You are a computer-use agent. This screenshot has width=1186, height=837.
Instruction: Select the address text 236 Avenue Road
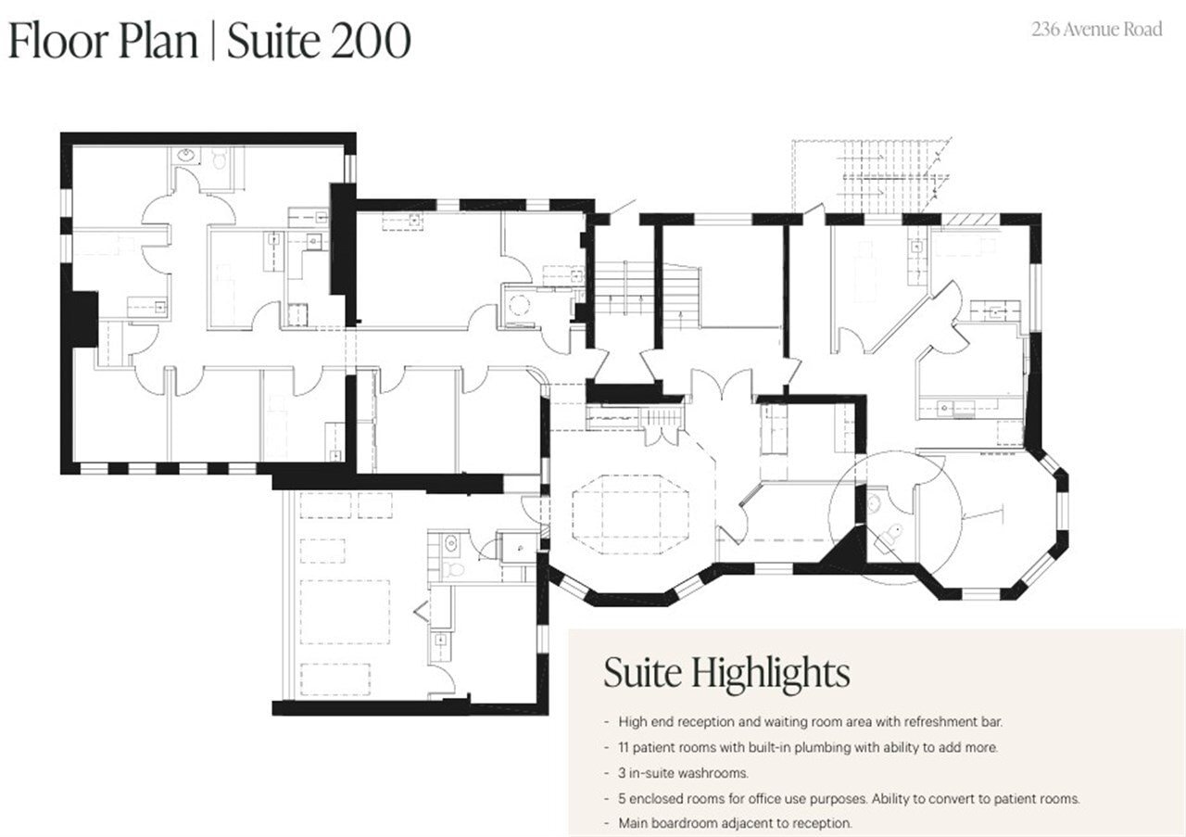1097,30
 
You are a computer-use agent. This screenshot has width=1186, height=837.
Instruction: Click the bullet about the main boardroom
732,822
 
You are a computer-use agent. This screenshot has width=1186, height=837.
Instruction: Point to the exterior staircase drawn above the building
871,176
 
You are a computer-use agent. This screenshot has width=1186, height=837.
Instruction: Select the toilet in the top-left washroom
220,159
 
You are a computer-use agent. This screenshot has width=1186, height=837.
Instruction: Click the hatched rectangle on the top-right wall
971,219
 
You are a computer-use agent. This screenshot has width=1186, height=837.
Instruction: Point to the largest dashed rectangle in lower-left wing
344,612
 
